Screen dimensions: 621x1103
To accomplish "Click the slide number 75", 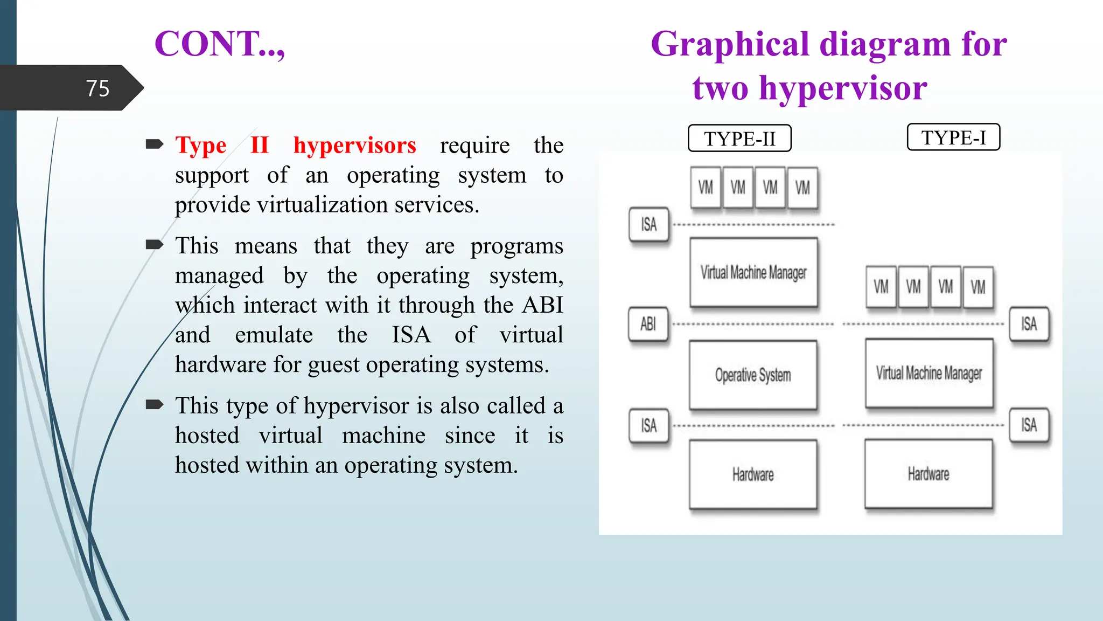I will (97, 88).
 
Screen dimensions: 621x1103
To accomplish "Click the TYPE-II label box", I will (739, 139).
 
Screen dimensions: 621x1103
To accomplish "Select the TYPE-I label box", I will (953, 137).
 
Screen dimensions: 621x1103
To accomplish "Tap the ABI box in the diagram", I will (648, 324).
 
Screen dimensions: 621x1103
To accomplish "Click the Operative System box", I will (753, 375).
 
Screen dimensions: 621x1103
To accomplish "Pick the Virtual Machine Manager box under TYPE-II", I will (753, 273).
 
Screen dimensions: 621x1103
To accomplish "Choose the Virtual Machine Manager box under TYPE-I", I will (929, 373).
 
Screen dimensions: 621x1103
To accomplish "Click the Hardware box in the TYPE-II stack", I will (753, 474).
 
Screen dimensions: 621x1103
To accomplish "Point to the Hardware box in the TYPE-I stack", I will (929, 474).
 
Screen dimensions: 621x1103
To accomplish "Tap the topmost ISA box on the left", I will (649, 224).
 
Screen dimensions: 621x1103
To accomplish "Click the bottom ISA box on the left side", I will (649, 426).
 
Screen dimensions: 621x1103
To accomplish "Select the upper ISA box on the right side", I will (1029, 324).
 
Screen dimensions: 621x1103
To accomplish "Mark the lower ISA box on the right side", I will (1029, 425).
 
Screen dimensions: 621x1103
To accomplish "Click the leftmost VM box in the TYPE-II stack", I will (706, 188).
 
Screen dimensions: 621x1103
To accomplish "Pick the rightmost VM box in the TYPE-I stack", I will (978, 287).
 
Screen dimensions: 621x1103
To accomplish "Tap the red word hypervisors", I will (354, 146).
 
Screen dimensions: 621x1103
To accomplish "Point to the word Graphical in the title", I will (730, 44).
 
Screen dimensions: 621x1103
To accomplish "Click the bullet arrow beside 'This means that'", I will (155, 245).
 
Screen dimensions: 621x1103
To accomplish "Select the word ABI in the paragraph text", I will (542, 305).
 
